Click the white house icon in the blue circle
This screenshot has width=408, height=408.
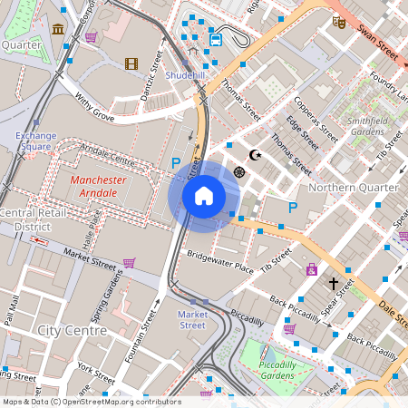coord(204,195)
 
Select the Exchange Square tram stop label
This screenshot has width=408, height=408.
coord(35,141)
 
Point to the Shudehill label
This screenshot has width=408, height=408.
coord(185,76)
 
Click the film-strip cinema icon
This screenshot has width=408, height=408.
coord(131,63)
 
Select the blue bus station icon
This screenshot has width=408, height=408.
coord(216,40)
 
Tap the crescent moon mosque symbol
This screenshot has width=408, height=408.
coord(256,155)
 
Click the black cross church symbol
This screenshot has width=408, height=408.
coord(333,284)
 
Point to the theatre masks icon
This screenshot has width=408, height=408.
coord(337,21)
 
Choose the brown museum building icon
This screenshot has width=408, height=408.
coord(58,30)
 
